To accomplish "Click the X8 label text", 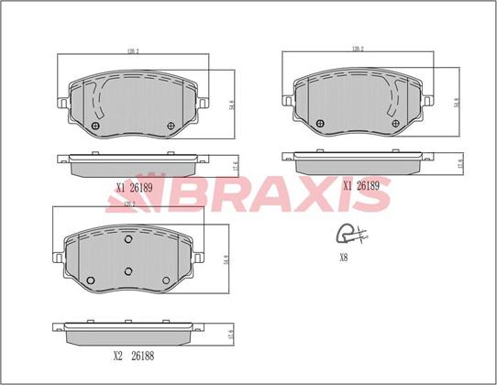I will click(x=344, y=258).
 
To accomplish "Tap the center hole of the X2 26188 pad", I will click(x=128, y=270).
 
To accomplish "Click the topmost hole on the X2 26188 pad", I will click(x=127, y=239).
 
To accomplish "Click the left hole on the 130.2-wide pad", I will click(x=318, y=124).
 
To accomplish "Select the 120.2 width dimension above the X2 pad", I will click(x=127, y=204).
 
